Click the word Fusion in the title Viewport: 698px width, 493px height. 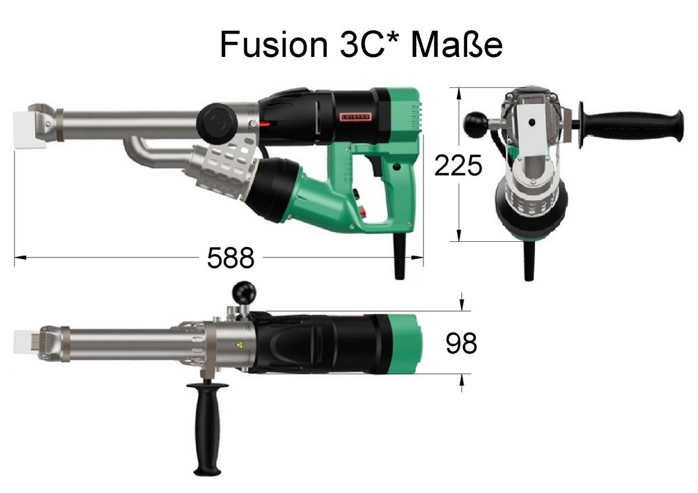[274, 44]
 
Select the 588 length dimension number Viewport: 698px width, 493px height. [231, 258]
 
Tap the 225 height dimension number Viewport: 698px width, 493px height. [458, 165]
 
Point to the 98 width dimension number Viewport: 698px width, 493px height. [461, 344]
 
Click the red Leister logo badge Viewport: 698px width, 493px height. [355, 116]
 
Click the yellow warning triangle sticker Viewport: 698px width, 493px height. [240, 344]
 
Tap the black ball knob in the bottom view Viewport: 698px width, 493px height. [244, 293]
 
